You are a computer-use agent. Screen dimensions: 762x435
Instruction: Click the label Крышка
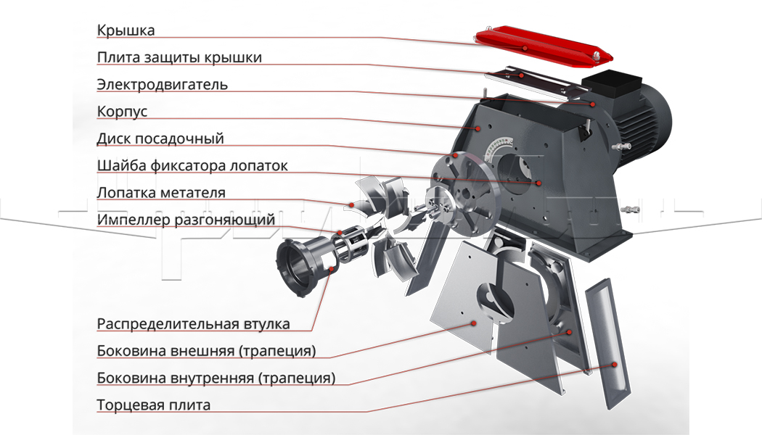[x=126, y=30]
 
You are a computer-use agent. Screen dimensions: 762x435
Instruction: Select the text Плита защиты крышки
[x=179, y=57]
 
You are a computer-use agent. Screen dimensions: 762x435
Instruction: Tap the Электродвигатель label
[x=163, y=85]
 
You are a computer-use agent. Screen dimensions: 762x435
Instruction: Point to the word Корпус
[x=122, y=112]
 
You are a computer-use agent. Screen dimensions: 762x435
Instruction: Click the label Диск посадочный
[x=160, y=139]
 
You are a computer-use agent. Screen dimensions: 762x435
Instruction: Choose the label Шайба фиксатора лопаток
[x=192, y=165]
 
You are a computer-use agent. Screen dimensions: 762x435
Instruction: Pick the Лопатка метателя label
[x=161, y=193]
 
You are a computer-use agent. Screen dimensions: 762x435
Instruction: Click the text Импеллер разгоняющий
[x=186, y=220]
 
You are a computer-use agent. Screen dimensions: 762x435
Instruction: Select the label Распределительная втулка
[x=194, y=324]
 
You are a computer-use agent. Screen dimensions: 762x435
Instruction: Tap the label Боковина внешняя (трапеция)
[x=207, y=350]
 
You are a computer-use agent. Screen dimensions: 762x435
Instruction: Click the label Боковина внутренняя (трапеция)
[x=216, y=378]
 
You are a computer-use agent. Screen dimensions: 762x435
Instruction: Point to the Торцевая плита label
[x=154, y=405]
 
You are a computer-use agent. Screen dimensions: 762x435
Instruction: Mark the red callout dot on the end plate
[x=614, y=364]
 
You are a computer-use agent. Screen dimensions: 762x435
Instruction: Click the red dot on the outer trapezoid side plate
[x=474, y=323]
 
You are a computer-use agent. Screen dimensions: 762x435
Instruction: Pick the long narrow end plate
[x=607, y=343]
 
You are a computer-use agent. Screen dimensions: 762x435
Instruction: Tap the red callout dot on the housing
[x=478, y=128]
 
